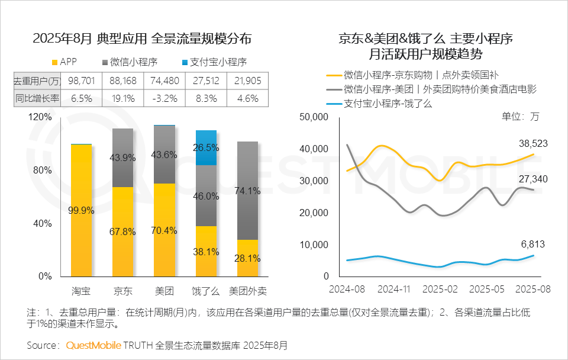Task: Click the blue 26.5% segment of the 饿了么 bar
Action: click(206, 148)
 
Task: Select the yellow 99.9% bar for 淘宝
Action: click(81, 210)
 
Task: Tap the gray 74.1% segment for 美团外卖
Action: click(247, 191)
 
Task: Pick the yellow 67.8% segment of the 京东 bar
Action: click(122, 232)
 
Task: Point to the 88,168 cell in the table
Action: click(122, 81)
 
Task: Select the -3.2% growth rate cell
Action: click(164, 98)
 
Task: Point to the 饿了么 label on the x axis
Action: click(206, 291)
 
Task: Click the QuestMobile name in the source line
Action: click(93, 345)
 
